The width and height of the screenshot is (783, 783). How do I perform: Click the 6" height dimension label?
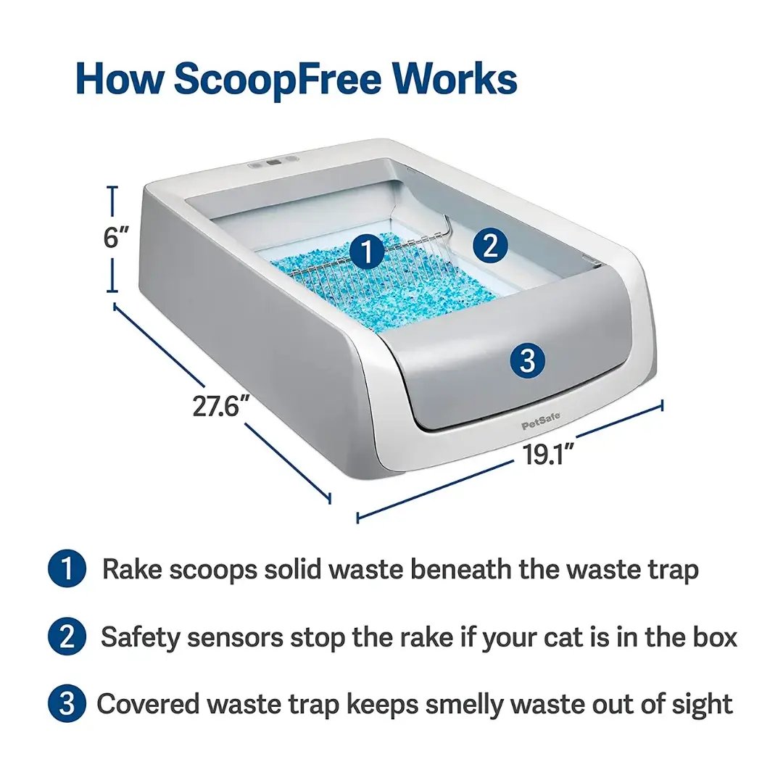coord(116,237)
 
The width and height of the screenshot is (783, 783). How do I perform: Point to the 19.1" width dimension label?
coord(548,454)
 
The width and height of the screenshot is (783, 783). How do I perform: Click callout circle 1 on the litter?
coord(367,251)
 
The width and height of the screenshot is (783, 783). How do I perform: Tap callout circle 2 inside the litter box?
coord(490,246)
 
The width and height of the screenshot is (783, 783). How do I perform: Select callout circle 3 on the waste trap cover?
coord(528,360)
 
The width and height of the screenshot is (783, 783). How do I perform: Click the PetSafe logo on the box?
coord(541,420)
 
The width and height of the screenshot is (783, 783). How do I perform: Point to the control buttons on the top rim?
coord(273,162)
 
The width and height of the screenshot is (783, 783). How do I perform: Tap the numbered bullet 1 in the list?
coord(67,569)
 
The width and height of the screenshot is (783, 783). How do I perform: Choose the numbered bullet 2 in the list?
coord(67,637)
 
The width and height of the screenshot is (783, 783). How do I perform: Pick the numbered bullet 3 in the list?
coord(67,703)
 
